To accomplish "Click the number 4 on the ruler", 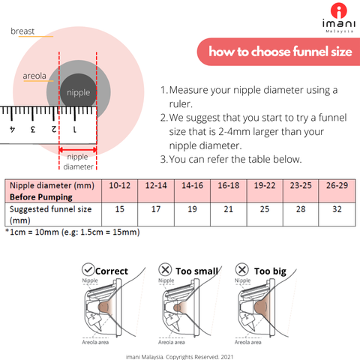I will point(13,130).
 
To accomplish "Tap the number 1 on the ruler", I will point(73,130).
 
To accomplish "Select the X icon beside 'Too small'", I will point(165,269).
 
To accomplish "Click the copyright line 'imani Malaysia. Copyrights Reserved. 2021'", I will point(181,356).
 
